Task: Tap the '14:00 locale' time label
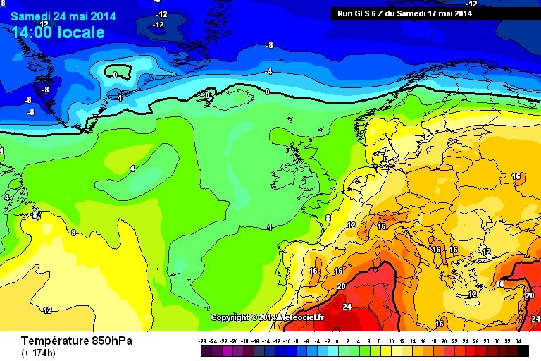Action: (x=58, y=32)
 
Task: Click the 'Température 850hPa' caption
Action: (x=76, y=341)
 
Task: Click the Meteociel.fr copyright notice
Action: (x=267, y=317)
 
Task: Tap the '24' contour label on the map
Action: (x=347, y=307)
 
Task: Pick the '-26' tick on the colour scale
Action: (x=202, y=341)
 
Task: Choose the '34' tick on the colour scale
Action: (x=518, y=341)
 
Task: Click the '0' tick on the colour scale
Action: (x=337, y=341)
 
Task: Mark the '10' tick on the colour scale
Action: (x=391, y=341)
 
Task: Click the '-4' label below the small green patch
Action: (x=119, y=97)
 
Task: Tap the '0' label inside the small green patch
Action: (x=115, y=74)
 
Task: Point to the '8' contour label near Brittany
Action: (x=327, y=218)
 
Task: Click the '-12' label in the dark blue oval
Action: (x=158, y=25)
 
